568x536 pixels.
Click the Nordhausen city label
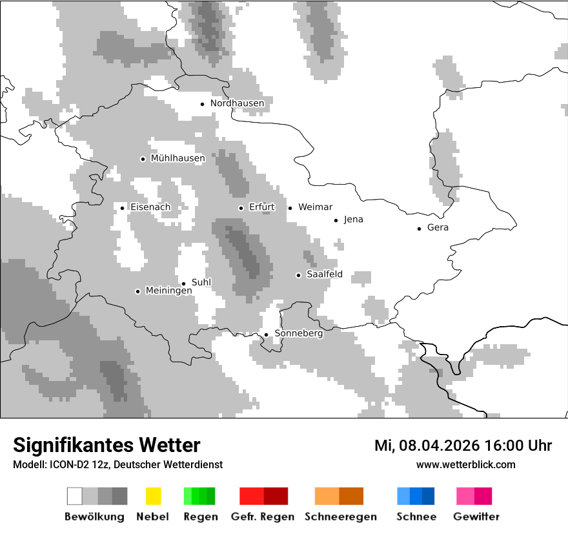point(237,103)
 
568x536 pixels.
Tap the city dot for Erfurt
point(241,208)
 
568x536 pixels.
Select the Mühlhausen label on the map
point(177,158)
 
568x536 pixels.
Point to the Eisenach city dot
point(122,208)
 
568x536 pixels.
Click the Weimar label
point(315,207)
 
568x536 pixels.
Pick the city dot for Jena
point(336,220)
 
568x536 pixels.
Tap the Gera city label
point(438,228)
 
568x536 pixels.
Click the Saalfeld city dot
point(298,275)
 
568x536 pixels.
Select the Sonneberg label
point(298,334)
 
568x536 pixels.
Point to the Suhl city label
point(201,282)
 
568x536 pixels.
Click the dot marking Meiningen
point(137,291)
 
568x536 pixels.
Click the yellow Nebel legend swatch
point(153,496)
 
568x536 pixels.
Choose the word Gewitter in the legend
point(476,517)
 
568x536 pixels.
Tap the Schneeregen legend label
point(341,517)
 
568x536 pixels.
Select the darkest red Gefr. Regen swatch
point(276,496)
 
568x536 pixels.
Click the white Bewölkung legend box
point(75,496)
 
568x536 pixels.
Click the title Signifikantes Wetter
point(107,446)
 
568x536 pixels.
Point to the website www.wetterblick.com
point(465,465)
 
